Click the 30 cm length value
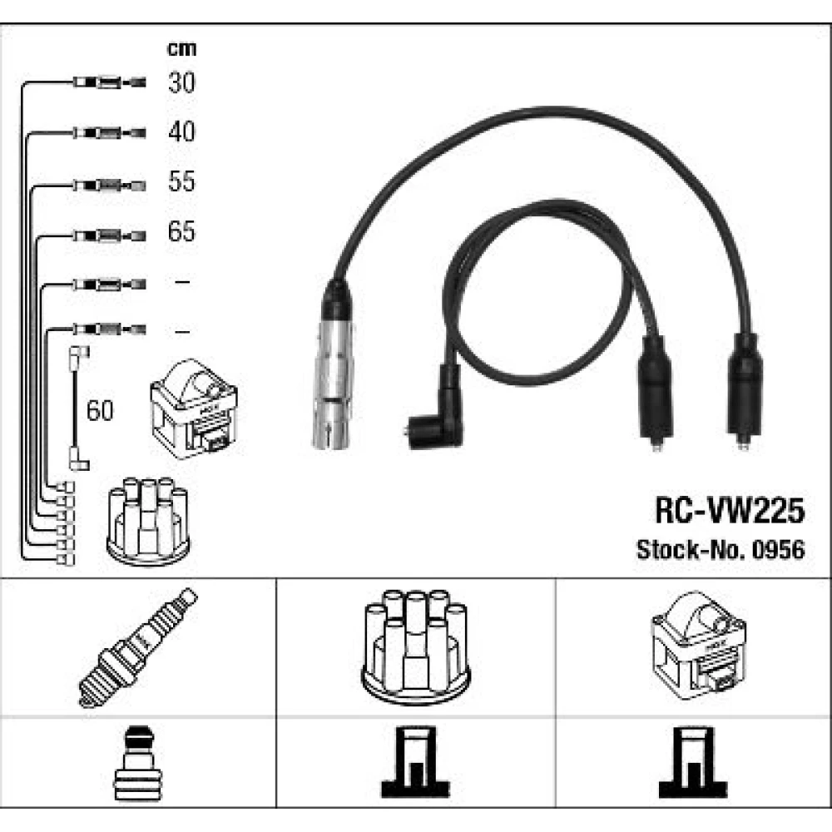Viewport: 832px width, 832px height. pyautogui.click(x=181, y=82)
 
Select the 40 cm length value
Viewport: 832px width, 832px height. pyautogui.click(x=181, y=131)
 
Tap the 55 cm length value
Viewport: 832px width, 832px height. pyautogui.click(x=181, y=181)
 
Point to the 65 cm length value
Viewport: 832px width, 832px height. pyautogui.click(x=181, y=230)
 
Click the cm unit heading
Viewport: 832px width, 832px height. pyautogui.click(x=181, y=49)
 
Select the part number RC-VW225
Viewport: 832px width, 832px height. pyautogui.click(x=730, y=510)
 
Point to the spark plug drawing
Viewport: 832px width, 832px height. pyautogui.click(x=138, y=646)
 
